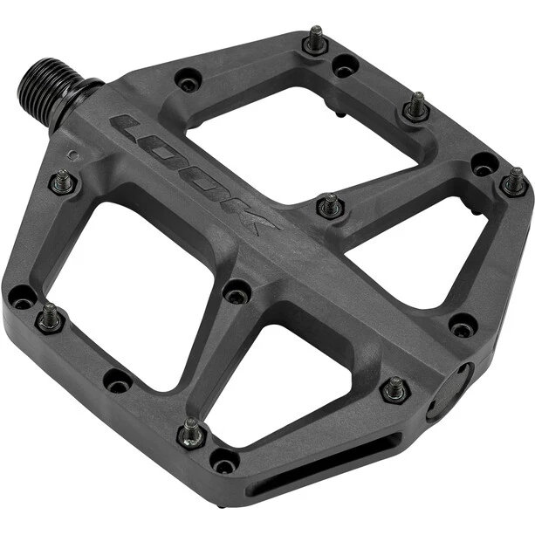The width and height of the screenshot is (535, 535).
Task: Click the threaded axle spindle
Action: [58, 93]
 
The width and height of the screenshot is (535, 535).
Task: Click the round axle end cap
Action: [449, 393]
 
